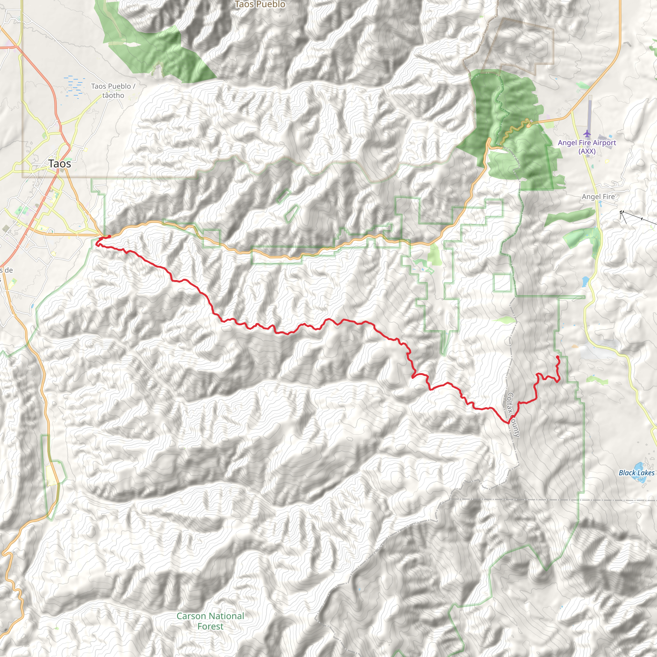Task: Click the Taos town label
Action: [x=60, y=164]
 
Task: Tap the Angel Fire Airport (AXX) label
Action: [x=587, y=147]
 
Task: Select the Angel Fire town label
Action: [x=598, y=197]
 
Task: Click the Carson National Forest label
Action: [x=210, y=621]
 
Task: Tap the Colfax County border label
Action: [x=513, y=415]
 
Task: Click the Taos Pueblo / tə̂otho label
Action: [x=113, y=91]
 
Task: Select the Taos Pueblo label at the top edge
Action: [x=260, y=4]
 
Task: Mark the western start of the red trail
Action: [x=109, y=236]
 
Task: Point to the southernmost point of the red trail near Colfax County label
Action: [x=508, y=423]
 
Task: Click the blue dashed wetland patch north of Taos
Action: [x=75, y=87]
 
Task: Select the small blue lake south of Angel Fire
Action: [x=585, y=281]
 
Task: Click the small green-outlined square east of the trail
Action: [x=502, y=283]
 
